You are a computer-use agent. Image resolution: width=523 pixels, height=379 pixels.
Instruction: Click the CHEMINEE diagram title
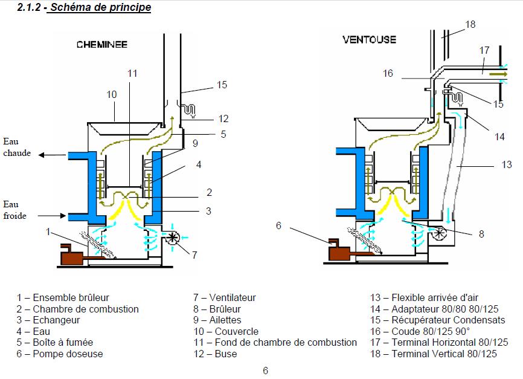(101, 44)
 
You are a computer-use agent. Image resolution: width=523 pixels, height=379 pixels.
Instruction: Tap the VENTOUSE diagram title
(369, 40)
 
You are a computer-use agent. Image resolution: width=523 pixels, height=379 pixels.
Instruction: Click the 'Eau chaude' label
(17, 147)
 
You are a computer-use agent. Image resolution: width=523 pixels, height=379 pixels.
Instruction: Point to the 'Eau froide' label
(14, 210)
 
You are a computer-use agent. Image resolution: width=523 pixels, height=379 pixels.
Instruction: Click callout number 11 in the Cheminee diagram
(132, 73)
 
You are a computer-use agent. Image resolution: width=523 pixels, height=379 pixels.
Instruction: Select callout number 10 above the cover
(111, 94)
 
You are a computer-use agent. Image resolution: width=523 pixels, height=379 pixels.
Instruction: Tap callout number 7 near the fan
(194, 255)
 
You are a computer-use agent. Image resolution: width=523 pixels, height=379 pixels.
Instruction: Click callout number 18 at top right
(470, 24)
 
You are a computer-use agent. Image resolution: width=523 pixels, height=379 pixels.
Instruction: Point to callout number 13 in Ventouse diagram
(507, 164)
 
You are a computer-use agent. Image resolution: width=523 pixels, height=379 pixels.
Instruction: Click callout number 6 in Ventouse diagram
(278, 225)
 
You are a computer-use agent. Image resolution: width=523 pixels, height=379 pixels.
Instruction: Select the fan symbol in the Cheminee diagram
(173, 238)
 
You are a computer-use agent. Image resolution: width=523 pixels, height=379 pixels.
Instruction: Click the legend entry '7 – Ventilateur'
(225, 297)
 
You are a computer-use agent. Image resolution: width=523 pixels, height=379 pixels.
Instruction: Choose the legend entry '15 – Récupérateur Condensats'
(438, 320)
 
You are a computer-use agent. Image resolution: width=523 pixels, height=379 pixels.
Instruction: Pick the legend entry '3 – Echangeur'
(48, 320)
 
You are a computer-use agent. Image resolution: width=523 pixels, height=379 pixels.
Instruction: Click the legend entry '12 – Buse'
(215, 354)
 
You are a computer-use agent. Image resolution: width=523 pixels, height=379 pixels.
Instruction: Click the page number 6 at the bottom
(265, 371)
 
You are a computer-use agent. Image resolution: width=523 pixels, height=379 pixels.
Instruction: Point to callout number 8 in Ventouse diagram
(481, 234)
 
